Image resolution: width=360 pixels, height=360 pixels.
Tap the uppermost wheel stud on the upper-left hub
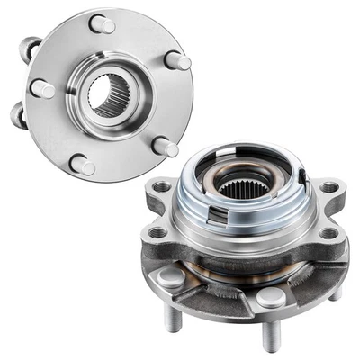click(x=103, y=23)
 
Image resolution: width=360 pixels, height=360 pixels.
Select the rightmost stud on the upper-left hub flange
click(x=177, y=61)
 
